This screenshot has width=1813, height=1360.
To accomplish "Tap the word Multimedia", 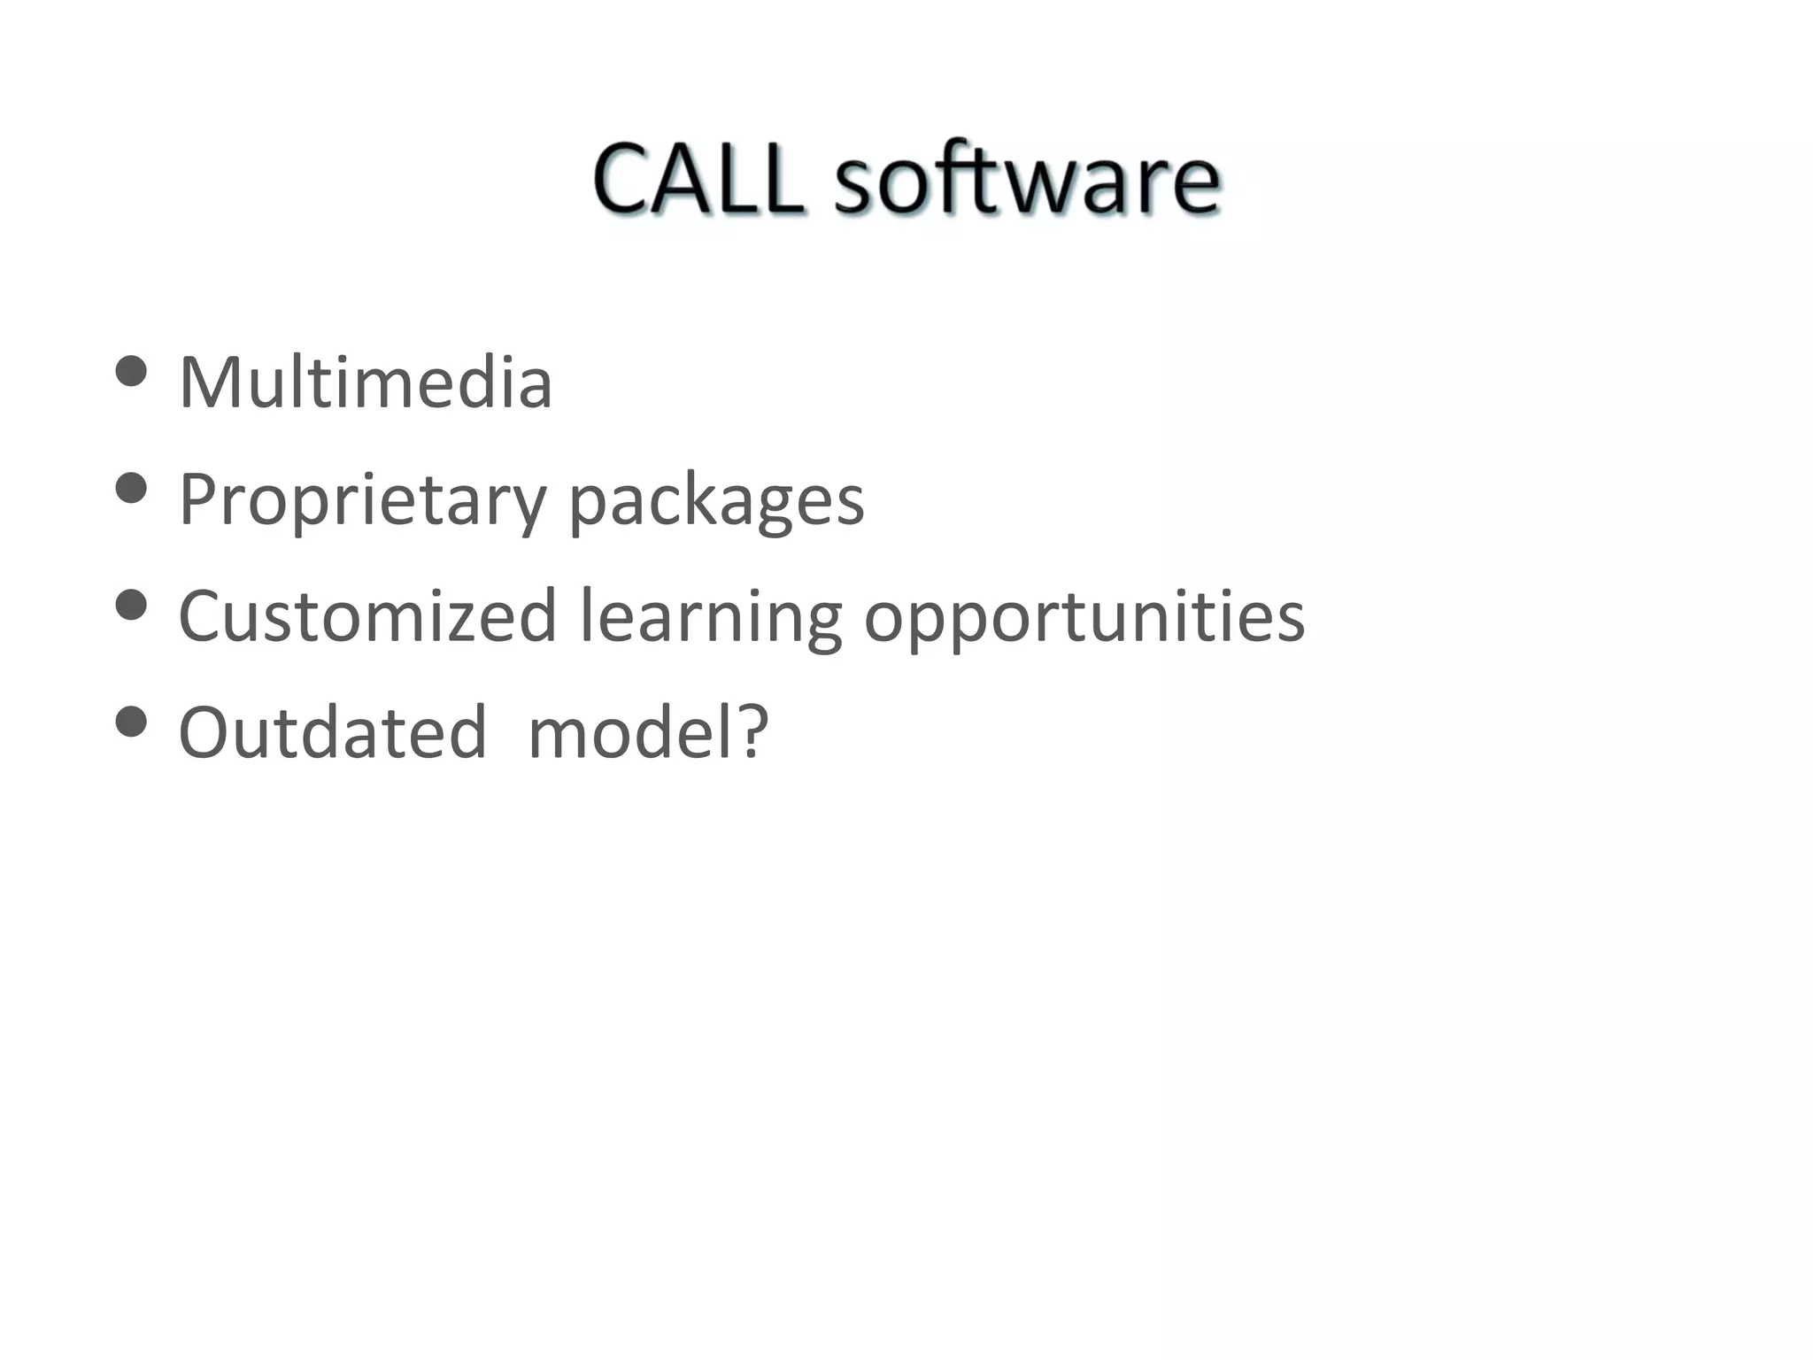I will click(366, 382).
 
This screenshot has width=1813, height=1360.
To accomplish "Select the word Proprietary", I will click(362, 499).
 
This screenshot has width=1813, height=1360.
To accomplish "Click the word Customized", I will click(367, 616).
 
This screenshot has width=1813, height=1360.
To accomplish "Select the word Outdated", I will click(333, 733).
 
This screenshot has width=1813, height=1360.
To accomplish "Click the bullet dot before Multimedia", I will click(131, 372).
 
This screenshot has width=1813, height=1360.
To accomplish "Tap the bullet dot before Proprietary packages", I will click(131, 489).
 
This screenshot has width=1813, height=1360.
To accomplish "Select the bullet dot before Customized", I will click(131, 606).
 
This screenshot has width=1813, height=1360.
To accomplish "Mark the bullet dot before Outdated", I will click(131, 722).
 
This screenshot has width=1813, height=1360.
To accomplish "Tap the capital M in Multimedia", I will click(210, 382).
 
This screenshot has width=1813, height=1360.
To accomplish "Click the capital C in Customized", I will click(204, 616).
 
